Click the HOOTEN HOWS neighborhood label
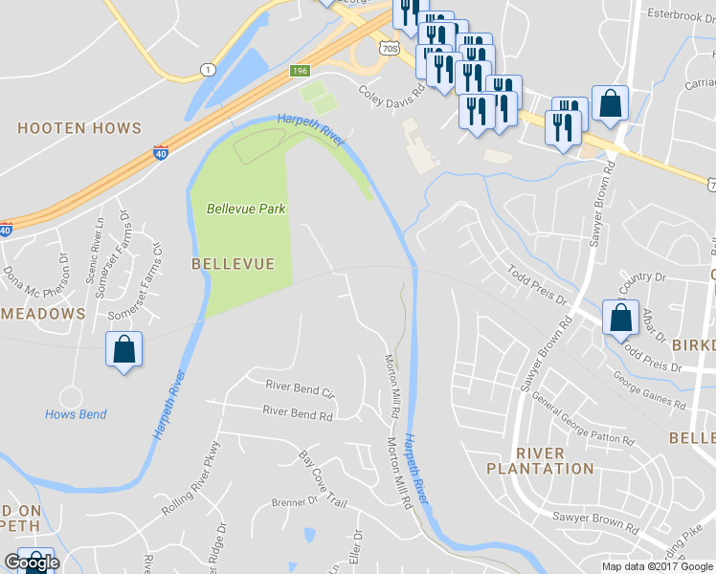click(x=79, y=128)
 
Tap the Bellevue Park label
click(x=246, y=209)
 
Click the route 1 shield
click(x=208, y=69)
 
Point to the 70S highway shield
click(x=388, y=46)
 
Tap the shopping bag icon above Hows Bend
click(x=124, y=349)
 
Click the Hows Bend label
click(x=76, y=414)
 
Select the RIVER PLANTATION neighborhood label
click(x=540, y=460)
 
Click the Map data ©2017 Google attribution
click(x=657, y=566)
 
